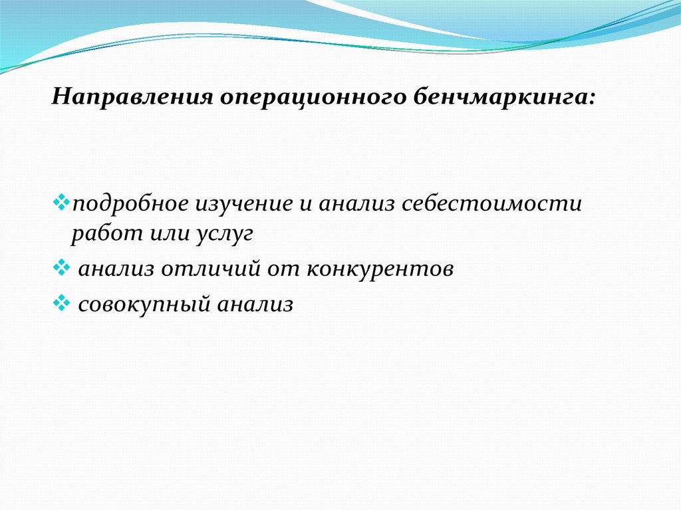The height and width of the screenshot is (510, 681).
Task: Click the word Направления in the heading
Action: pyautogui.click(x=132, y=96)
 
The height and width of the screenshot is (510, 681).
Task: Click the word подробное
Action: pyautogui.click(x=130, y=204)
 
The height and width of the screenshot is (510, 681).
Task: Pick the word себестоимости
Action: pyautogui.click(x=491, y=204)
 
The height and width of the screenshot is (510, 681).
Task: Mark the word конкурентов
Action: pyautogui.click(x=380, y=269)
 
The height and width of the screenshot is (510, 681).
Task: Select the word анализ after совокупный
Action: pyautogui.click(x=255, y=305)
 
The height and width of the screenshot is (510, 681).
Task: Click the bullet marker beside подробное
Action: pyautogui.click(x=61, y=202)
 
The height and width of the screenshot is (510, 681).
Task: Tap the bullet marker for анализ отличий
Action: pyautogui.click(x=61, y=267)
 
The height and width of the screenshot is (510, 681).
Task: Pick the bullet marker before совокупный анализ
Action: pyautogui.click(x=61, y=303)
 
